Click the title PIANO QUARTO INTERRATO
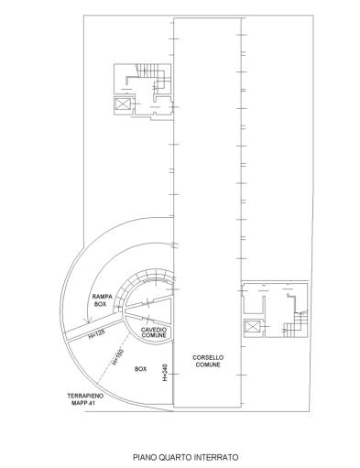pos(186,457)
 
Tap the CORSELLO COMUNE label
pos(208,361)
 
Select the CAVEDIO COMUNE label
pos(154,332)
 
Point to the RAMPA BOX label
pos(103,300)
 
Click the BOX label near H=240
pos(140,369)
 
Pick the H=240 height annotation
pos(165,372)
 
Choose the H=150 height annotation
pos(117,356)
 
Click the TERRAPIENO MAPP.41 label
pos(81,399)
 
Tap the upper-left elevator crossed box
pos(124,104)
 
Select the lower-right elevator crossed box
pos(252,327)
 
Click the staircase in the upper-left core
pos(153,78)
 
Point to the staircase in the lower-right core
pos(295,324)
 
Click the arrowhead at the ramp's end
pos(88,321)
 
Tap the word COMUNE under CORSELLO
pos(208,365)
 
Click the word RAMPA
pos(103,297)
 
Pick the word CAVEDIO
pos(154,330)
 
